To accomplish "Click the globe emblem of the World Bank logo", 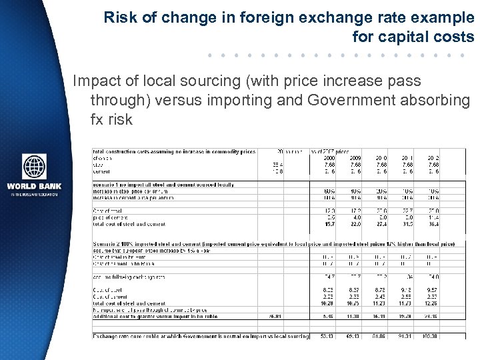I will coord(34,167).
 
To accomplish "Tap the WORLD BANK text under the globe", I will coord(34,187).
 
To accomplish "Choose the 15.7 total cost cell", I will coord(329,223).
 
